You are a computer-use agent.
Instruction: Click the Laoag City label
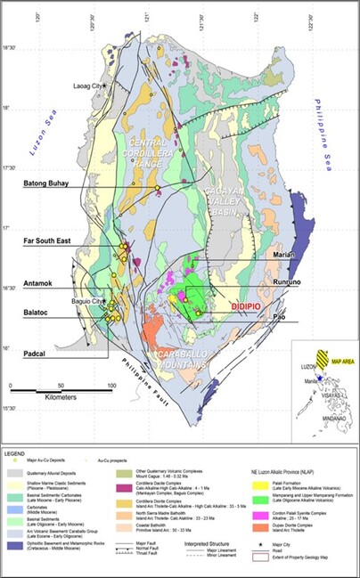(x=86, y=85)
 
